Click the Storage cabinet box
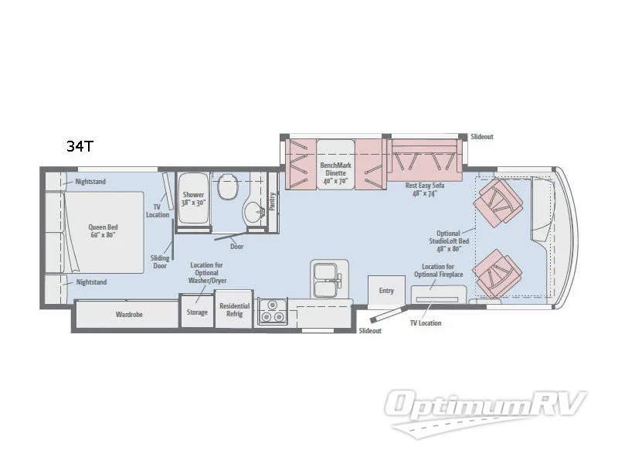(197, 312)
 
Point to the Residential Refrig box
(234, 309)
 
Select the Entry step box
(386, 291)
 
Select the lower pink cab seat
(500, 272)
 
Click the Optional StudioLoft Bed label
(448, 241)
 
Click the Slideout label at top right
(482, 137)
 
